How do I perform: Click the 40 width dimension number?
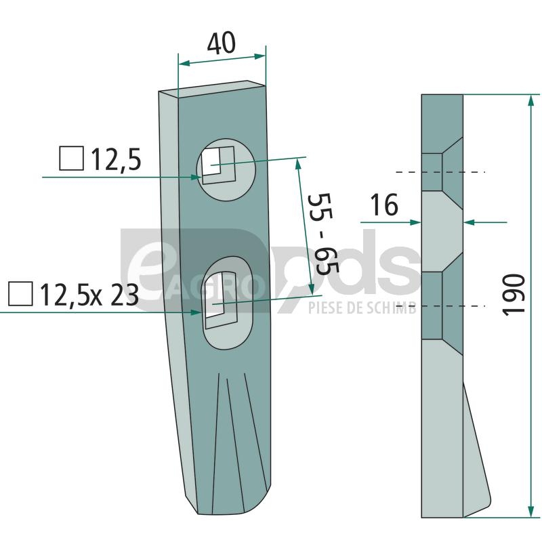coord(222,43)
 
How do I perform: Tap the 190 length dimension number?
coord(514,295)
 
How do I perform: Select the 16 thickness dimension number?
coord(384,205)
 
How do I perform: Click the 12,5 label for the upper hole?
coord(116,160)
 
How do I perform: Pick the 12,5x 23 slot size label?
coord(89,295)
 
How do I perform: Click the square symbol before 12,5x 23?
coord(21,294)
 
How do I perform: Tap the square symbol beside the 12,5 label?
coord(72,159)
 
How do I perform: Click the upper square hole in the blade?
coord(217,165)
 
